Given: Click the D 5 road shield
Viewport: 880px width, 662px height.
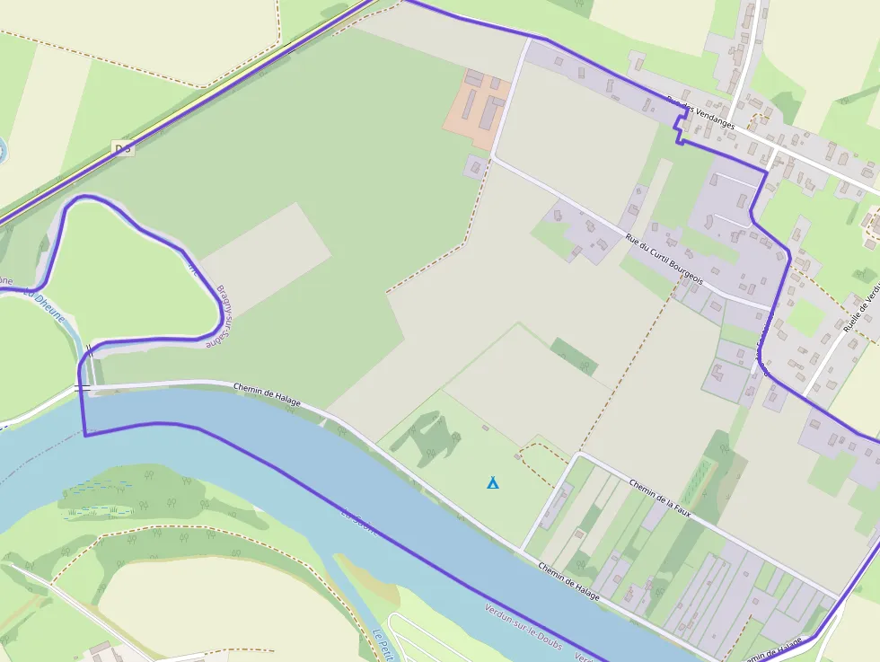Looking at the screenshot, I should click(x=123, y=148).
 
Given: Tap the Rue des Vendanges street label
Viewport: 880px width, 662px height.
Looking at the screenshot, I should click(x=700, y=113).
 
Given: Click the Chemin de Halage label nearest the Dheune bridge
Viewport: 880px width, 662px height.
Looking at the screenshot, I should click(x=267, y=395).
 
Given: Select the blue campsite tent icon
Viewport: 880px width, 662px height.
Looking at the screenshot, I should click(x=492, y=483).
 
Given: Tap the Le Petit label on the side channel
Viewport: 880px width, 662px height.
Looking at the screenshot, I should click(x=383, y=643).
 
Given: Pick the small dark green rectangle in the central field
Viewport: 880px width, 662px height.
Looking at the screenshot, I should click(x=574, y=356).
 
